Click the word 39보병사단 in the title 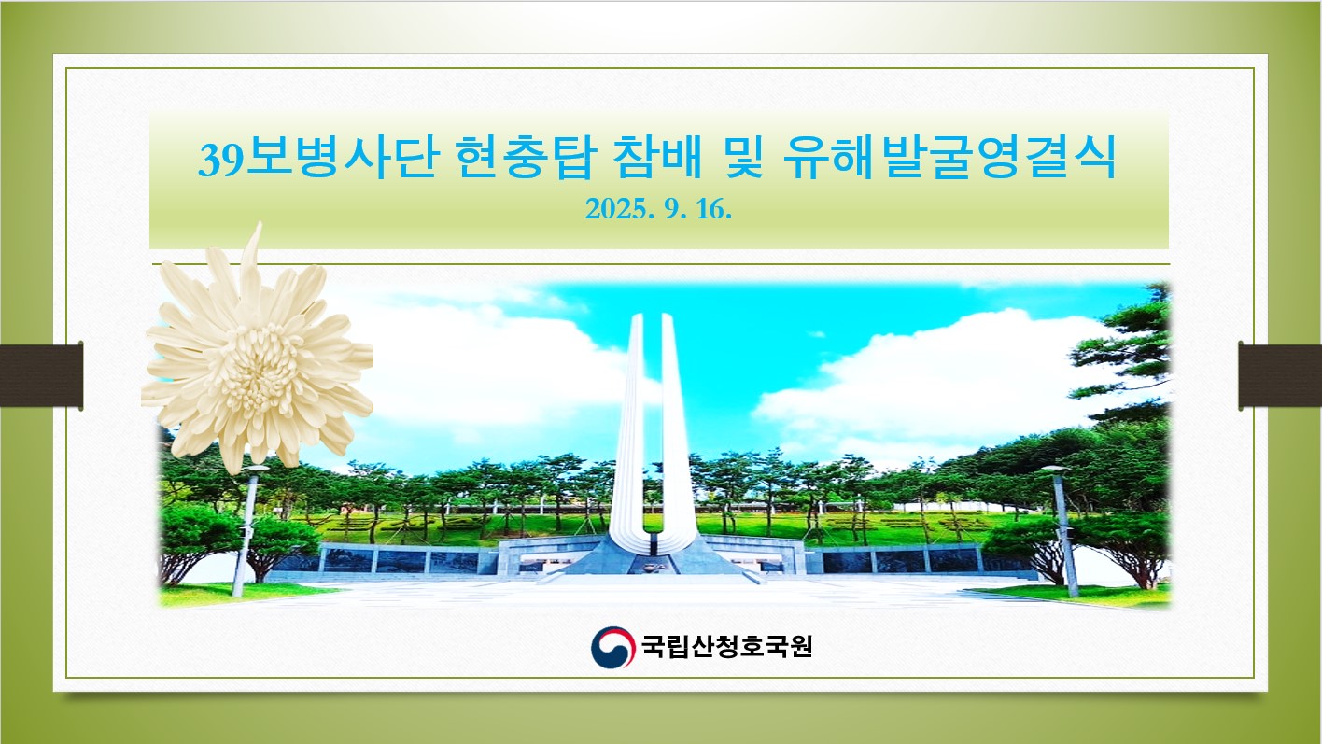pyautogui.click(x=318, y=157)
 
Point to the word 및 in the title pyautogui.click(x=743, y=157)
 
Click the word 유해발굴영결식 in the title pyautogui.click(x=949, y=157)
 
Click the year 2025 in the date pyautogui.click(x=616, y=209)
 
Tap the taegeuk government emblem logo pyautogui.click(x=613, y=647)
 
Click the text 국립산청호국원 pyautogui.click(x=727, y=646)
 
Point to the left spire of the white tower pyautogui.click(x=631, y=425)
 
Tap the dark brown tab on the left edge pyautogui.click(x=41, y=375)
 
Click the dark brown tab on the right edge pyautogui.click(x=1280, y=375)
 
